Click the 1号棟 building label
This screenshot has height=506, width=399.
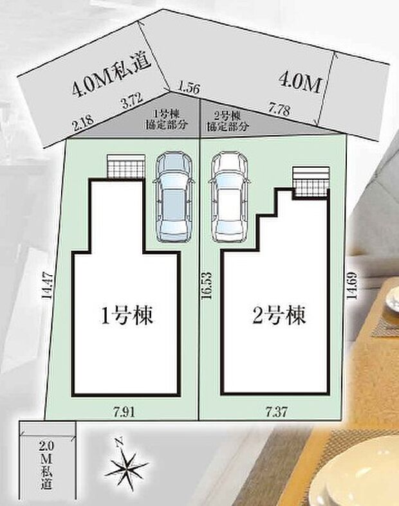click(127, 316)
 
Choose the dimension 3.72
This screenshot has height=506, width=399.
click(131, 100)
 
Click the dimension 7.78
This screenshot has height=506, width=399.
click(279, 111)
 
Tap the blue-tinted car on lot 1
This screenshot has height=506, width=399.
click(171, 196)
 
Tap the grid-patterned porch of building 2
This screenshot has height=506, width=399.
click(311, 183)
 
